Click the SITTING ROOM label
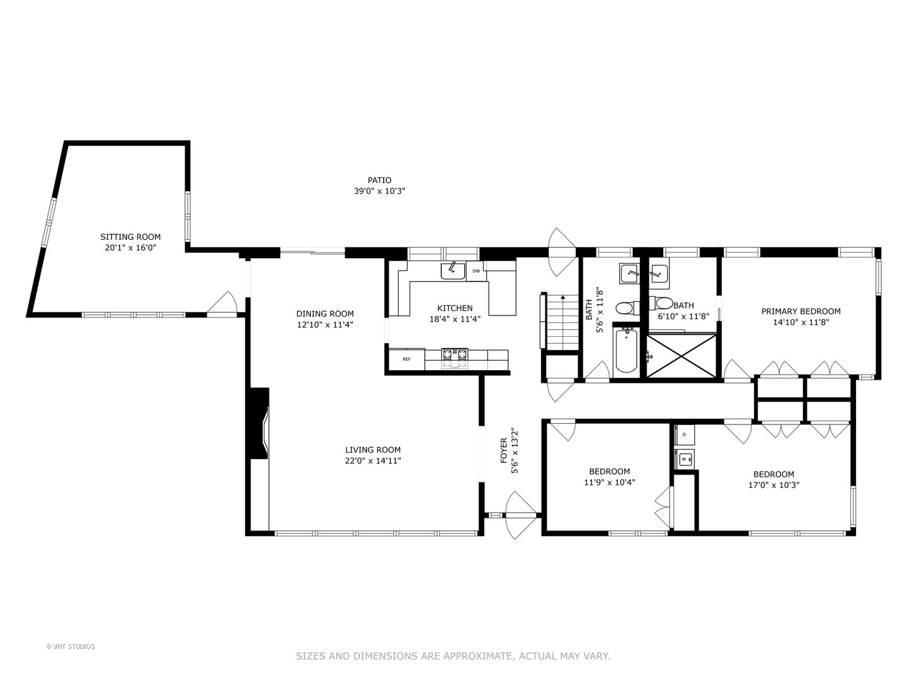coord(130,237)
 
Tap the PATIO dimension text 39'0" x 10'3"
coord(379,191)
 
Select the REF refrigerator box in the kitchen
coord(406,359)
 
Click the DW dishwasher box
coord(476,271)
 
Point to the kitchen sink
coord(452,271)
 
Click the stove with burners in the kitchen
coord(455,358)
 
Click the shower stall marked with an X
coord(682,356)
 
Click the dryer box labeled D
coord(684,434)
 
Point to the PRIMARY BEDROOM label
coord(801,311)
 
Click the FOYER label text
coord(504,451)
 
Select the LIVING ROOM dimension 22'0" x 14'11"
coord(373,461)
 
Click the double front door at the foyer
coord(521,515)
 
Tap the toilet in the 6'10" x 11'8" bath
coord(663,303)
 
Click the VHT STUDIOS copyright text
coord(71,647)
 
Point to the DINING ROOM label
coord(325,314)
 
